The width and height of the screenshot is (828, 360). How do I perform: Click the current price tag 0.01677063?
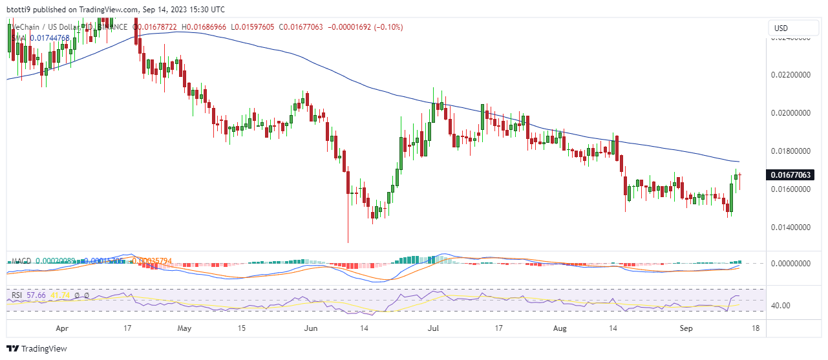click(x=789, y=175)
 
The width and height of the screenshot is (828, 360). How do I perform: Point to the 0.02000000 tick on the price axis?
click(x=792, y=113)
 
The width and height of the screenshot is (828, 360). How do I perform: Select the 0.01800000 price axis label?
click(x=792, y=151)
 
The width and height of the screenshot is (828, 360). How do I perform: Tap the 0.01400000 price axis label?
click(x=792, y=228)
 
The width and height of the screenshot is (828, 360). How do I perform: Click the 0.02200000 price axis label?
click(x=792, y=75)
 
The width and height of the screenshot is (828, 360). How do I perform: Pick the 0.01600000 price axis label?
click(x=792, y=189)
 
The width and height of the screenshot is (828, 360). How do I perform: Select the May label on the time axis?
click(x=185, y=328)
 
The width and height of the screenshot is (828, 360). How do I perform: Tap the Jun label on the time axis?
click(x=312, y=328)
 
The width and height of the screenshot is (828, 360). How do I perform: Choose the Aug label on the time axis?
click(x=560, y=328)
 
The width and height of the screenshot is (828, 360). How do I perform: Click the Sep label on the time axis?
click(x=686, y=328)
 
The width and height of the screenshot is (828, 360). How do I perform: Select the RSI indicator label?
click(x=17, y=295)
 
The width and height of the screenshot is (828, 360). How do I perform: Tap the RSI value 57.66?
click(x=36, y=295)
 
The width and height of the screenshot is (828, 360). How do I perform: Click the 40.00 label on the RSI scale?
click(x=781, y=306)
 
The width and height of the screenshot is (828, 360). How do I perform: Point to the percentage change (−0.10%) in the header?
click(x=385, y=27)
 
